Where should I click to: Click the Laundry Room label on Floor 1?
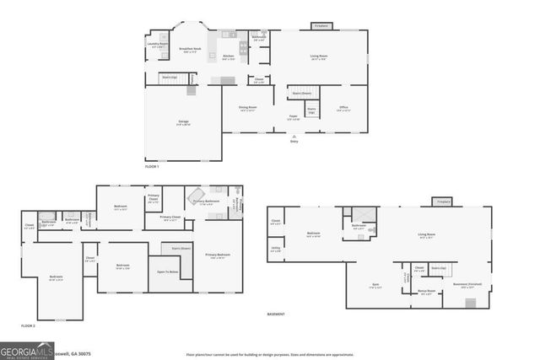pos(158,44)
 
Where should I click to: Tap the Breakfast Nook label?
pos(190,50)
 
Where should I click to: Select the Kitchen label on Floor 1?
pos(228,56)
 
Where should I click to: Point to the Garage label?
pos(183,122)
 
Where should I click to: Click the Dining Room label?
pos(248,108)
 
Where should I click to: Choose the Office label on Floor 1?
pos(343,108)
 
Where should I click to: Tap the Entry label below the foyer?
pos(294,141)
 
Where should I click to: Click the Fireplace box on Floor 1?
pos(321,26)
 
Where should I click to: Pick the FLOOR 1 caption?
pos(152,166)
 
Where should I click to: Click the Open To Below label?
pos(167,271)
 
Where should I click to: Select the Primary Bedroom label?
pos(218,255)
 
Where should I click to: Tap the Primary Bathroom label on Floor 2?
pos(207,201)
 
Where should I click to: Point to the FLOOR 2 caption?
pos(29,325)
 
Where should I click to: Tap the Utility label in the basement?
pos(275,250)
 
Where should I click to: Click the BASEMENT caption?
pos(276,314)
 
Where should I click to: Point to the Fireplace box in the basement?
pos(444,201)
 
